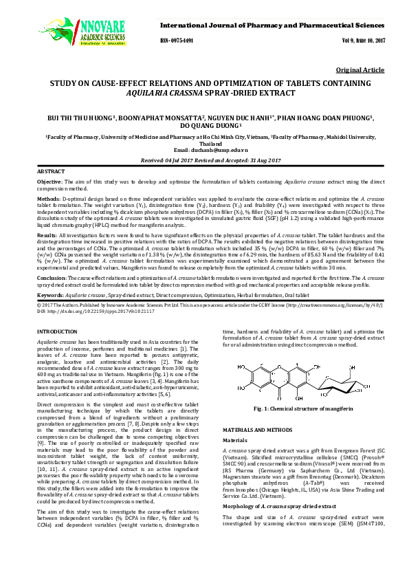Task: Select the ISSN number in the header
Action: click(x=177, y=41)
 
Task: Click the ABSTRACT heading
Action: click(x=51, y=171)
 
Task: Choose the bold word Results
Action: click(x=47, y=235)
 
